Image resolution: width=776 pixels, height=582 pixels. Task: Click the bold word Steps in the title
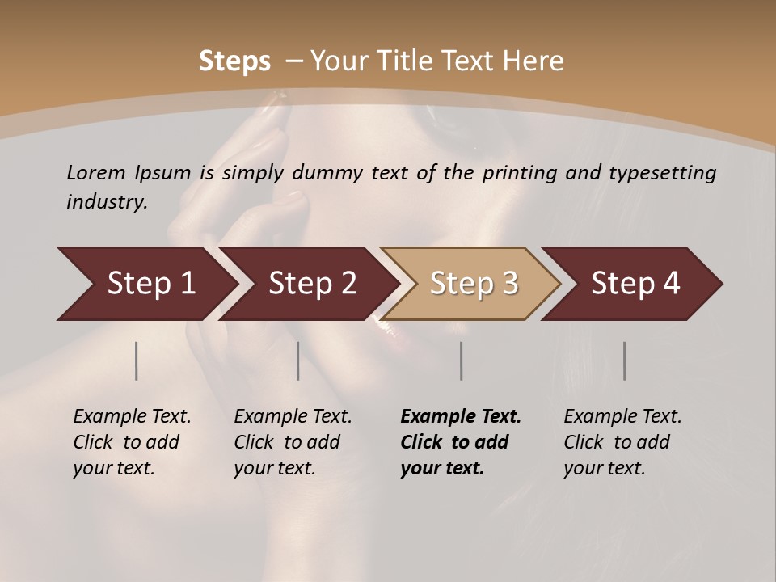[234, 61]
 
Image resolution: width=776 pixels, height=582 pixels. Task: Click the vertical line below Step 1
[137, 361]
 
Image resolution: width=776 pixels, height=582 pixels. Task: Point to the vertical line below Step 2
[298, 361]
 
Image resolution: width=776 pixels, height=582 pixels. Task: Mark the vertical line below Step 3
[462, 361]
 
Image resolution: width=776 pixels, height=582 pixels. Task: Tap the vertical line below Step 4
[624, 361]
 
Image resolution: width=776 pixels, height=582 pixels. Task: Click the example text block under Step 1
[132, 442]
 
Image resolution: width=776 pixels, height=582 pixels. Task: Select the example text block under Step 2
[293, 442]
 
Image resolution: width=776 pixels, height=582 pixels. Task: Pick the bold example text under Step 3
[460, 442]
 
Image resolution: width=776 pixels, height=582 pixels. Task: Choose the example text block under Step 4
[622, 442]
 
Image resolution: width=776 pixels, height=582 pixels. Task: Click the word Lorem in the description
[96, 172]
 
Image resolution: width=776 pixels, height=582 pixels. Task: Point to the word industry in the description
[107, 202]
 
